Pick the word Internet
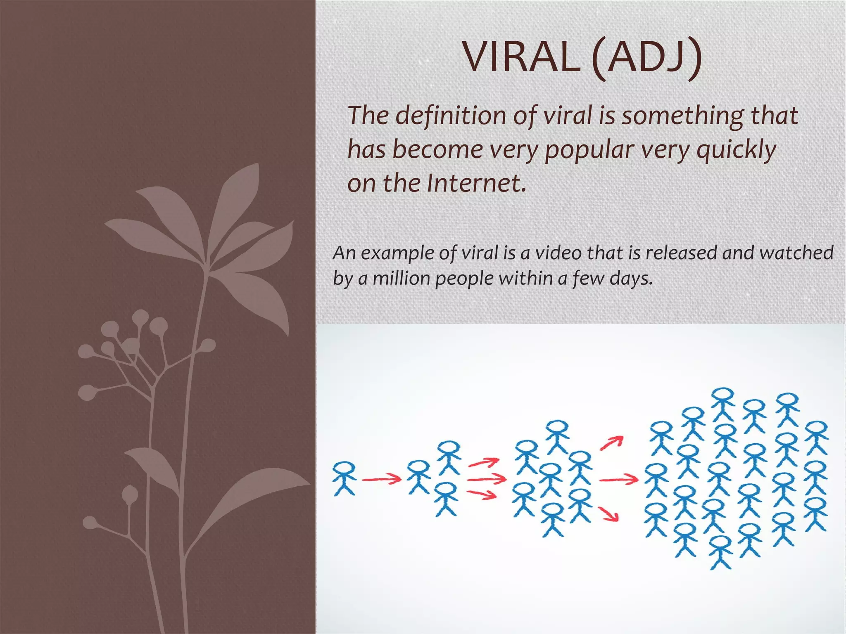point(477,183)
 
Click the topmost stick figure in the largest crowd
point(723,404)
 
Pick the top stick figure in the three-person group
point(449,457)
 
